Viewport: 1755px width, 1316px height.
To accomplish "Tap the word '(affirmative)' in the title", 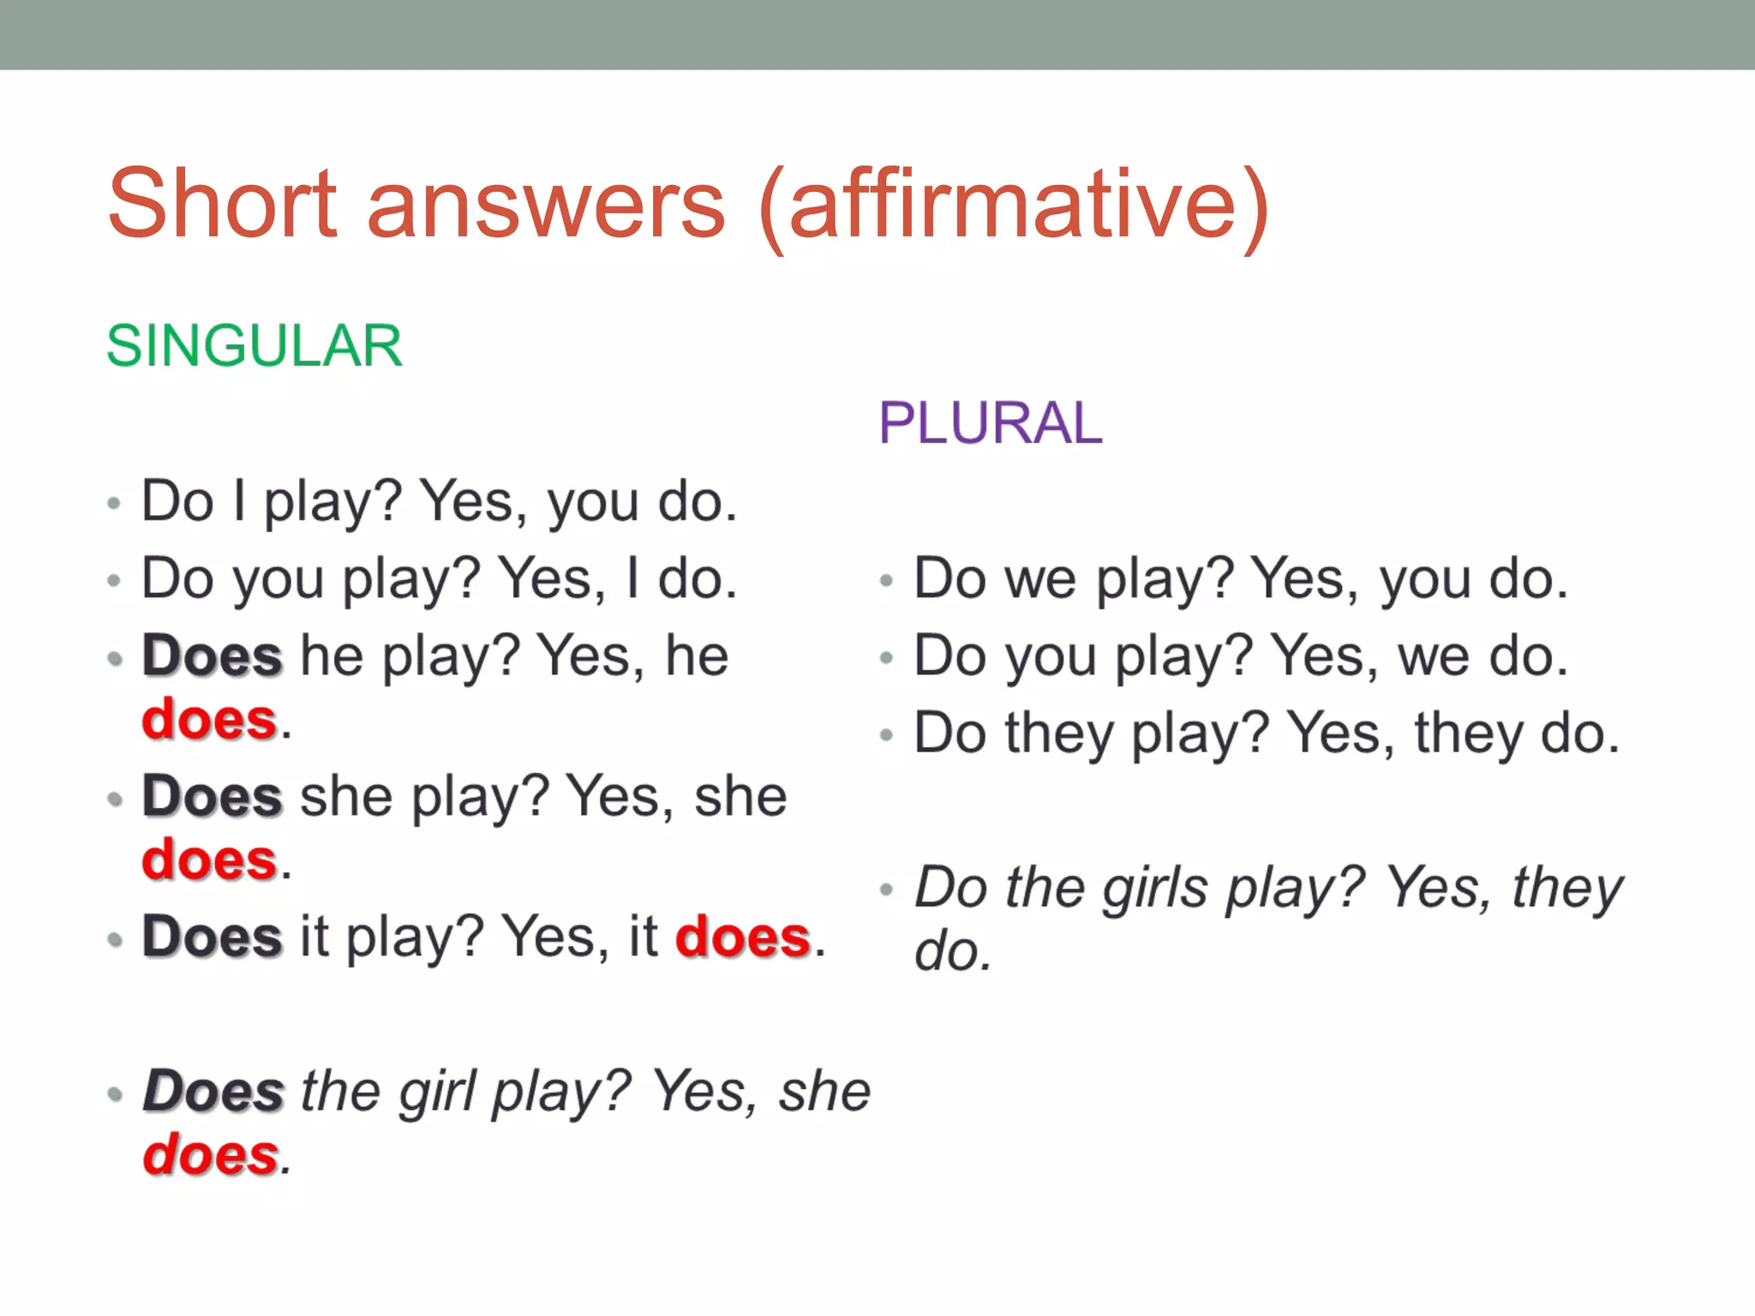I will pos(1013,206).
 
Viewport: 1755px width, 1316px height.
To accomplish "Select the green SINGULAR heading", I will pos(255,346).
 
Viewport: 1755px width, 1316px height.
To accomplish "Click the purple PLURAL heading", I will pos(991,423).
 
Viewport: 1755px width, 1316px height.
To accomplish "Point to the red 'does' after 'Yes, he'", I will pos(210,720).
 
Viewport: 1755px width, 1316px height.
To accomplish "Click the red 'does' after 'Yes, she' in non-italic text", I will pos(210,860).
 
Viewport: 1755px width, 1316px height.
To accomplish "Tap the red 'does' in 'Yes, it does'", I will pos(743,937).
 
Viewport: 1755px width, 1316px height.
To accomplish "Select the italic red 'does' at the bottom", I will pos(211,1156).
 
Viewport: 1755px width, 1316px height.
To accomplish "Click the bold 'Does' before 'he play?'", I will pos(212,657).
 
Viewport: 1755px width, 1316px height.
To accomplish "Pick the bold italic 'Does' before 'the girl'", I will pos(213,1092).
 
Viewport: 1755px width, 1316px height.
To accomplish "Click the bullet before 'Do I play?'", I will pos(114,503).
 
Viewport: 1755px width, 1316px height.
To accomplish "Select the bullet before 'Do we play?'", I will pos(887,582).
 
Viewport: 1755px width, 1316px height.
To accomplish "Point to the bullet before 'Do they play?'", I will pos(887,735).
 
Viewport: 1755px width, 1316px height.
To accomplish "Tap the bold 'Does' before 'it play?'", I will pos(212,937).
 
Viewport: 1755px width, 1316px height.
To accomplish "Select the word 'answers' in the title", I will pos(547,206).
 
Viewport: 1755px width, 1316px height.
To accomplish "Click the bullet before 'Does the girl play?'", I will pos(115,1094).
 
